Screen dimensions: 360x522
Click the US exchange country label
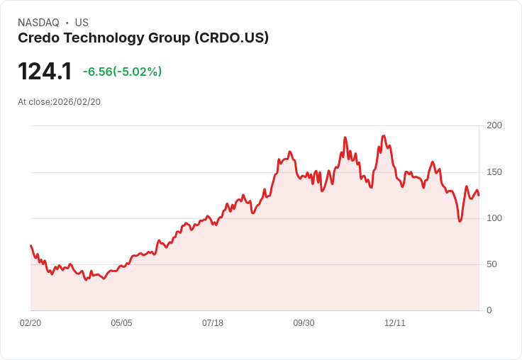pyautogui.click(x=82, y=23)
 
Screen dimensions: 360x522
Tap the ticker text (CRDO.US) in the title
pyautogui.click(x=231, y=38)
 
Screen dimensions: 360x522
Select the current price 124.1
pyautogui.click(x=45, y=72)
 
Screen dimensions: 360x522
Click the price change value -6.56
pyautogui.click(x=97, y=72)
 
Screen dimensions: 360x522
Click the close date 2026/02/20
pyautogui.click(x=77, y=102)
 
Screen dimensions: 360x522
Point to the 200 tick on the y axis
pyautogui.click(x=494, y=125)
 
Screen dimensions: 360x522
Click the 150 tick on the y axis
pyautogui.click(x=494, y=172)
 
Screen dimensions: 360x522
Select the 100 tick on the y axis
pyautogui.click(x=494, y=218)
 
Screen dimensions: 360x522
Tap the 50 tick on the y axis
pyautogui.click(x=492, y=264)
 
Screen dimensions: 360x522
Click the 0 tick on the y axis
pyautogui.click(x=489, y=310)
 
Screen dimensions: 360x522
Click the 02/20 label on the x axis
pyautogui.click(x=30, y=323)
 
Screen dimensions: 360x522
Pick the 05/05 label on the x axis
pyautogui.click(x=121, y=323)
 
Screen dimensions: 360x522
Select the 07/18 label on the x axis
pyautogui.click(x=213, y=323)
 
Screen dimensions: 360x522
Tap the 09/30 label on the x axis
pyautogui.click(x=304, y=323)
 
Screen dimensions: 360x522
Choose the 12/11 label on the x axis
pyautogui.click(x=395, y=323)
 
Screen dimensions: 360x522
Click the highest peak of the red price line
pyautogui.click(x=384, y=135)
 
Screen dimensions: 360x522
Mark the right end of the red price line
pyautogui.click(x=479, y=195)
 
